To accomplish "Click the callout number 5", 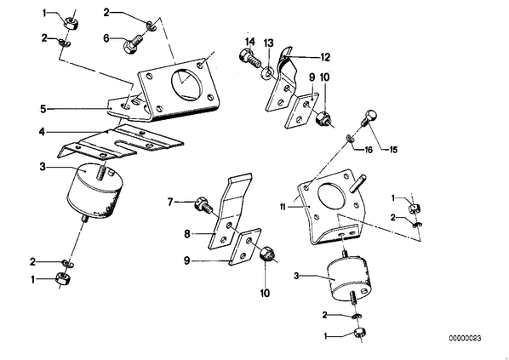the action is tap(43, 109).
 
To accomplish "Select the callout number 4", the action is tap(42, 132).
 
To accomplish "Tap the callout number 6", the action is tap(106, 38).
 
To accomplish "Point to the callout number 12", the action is tap(325, 57).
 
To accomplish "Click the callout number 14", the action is tap(250, 42).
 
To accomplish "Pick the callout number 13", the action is tap(268, 43).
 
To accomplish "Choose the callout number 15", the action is tap(392, 150).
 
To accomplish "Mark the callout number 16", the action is tap(369, 150).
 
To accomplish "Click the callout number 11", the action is tap(283, 207).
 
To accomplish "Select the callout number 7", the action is tap(170, 202).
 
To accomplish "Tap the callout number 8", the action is tap(187, 233).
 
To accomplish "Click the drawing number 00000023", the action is tap(466, 338).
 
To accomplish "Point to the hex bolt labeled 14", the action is tap(249, 58).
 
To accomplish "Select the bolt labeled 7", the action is tap(204, 207).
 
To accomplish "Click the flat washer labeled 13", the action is tap(267, 73).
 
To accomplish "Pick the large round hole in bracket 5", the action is tap(186, 83).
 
